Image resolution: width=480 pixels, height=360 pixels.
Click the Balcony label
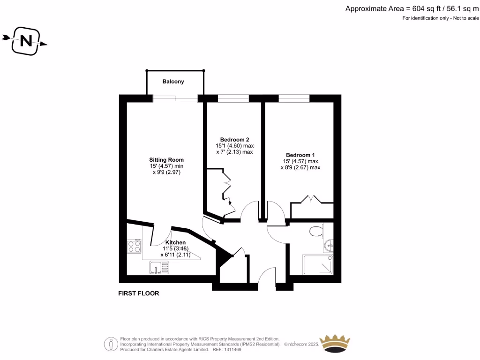tap(173, 82)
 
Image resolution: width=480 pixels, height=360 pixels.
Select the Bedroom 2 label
tap(234, 140)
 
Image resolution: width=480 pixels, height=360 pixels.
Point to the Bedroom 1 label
tap(300, 155)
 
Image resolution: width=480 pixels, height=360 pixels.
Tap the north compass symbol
tap(26, 41)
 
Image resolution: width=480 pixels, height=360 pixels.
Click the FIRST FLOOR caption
tap(138, 293)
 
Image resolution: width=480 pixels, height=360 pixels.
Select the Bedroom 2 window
tap(233, 98)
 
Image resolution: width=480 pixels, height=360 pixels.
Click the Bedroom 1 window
tap(294, 98)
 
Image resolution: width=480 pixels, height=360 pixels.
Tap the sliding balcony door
tap(176, 98)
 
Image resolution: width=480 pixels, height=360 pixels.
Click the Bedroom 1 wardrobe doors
tap(312, 199)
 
